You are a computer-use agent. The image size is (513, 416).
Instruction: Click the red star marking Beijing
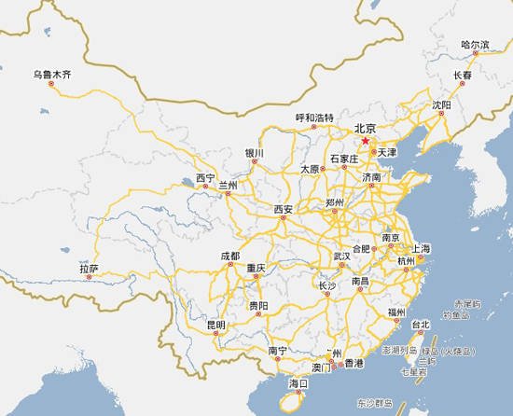[x=365, y=140]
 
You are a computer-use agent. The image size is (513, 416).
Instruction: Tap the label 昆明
[x=215, y=325]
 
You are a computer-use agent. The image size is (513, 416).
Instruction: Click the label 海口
[x=298, y=382]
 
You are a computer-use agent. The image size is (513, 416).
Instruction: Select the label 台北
[x=420, y=325]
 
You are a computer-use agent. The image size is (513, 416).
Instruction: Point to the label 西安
[x=283, y=209]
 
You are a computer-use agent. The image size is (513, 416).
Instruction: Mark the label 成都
[x=229, y=256]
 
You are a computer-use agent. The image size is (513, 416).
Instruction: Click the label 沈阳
[x=441, y=105]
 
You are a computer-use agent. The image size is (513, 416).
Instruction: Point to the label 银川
[x=255, y=152]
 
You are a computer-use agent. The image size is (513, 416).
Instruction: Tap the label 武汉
[x=342, y=256]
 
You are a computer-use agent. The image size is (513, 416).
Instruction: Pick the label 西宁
[x=205, y=177]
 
